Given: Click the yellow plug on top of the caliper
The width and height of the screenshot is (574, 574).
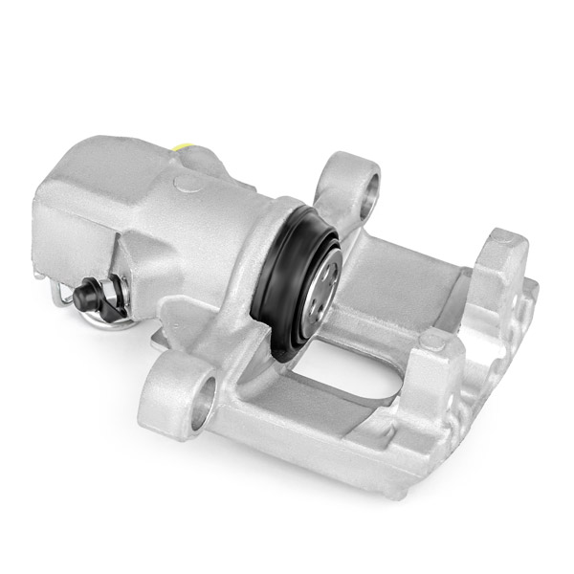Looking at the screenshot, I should click(x=186, y=146).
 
